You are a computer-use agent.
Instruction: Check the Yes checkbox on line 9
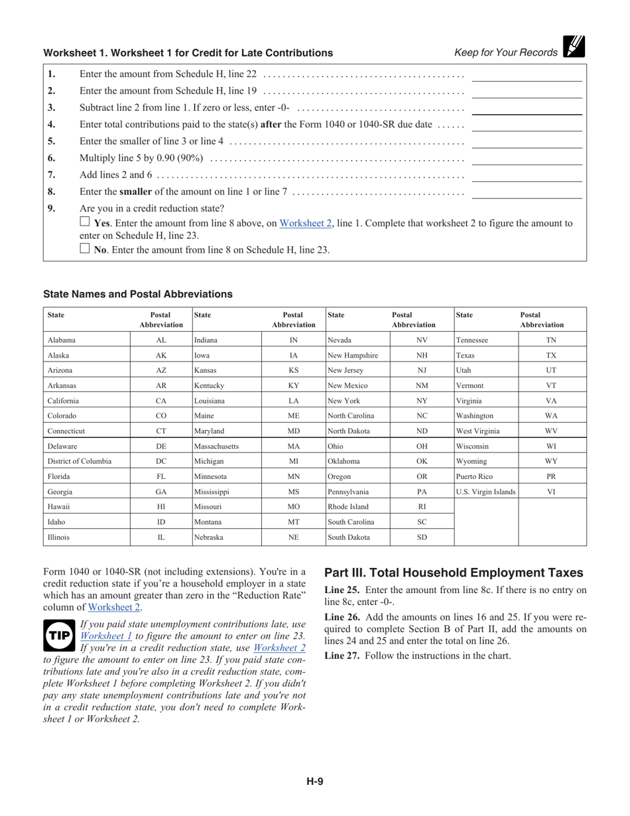click(84, 222)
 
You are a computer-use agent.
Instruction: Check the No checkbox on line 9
click(84, 249)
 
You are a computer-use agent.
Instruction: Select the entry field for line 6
click(527, 158)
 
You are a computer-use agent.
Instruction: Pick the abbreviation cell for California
click(161, 401)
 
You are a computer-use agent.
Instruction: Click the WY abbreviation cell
click(551, 461)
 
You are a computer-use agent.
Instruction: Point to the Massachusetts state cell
click(216, 446)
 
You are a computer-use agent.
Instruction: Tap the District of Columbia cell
click(80, 461)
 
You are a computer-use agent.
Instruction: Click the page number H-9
click(315, 782)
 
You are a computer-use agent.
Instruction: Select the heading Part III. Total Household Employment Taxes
click(454, 573)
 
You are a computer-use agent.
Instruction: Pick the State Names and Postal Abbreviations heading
click(138, 294)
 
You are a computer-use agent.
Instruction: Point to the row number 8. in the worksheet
click(52, 192)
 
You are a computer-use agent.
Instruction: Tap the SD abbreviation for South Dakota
click(422, 537)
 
